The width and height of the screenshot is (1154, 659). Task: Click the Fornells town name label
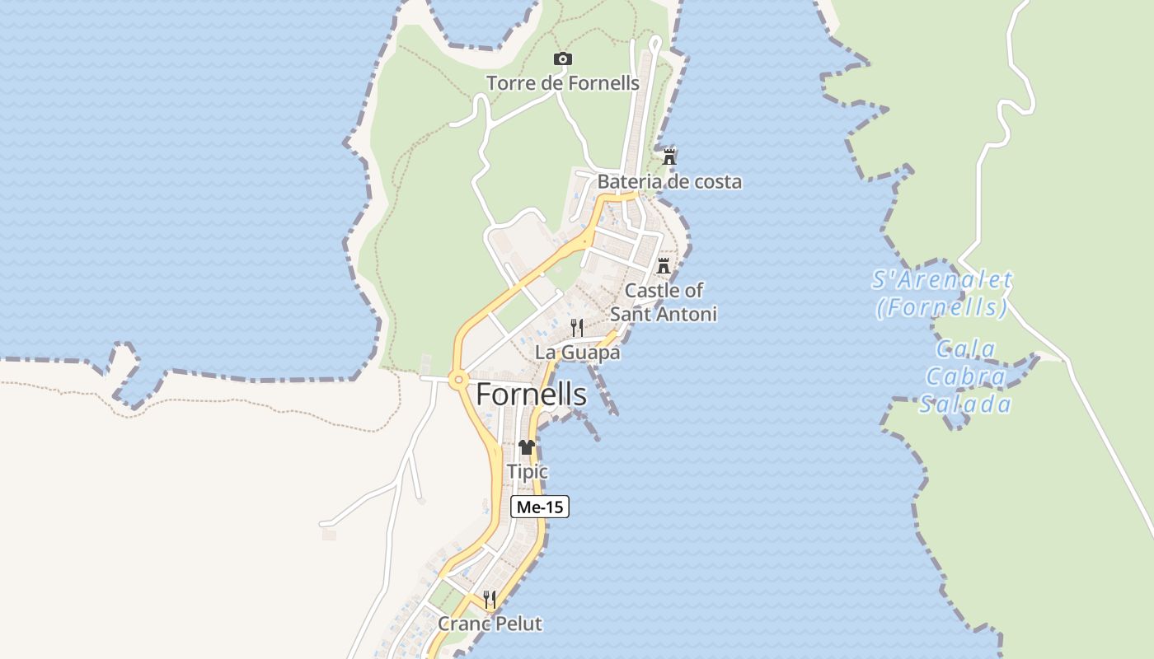pos(531,395)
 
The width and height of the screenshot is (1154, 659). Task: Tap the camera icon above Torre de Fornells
pos(563,58)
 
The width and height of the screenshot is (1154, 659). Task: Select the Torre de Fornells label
pos(562,83)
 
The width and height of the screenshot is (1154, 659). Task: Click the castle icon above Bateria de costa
pos(669,157)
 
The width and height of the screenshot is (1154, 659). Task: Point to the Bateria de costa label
pos(669,181)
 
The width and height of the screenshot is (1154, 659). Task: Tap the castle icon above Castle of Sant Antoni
pos(664,266)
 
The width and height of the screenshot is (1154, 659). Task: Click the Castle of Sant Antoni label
pos(664,301)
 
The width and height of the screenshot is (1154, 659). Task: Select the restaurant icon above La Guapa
pos(577,328)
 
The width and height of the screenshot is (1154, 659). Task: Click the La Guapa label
pos(577,353)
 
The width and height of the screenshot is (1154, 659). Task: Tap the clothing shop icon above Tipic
pos(527,447)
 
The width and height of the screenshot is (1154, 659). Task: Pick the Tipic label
pos(528,472)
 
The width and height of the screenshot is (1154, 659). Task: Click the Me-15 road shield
pos(540,507)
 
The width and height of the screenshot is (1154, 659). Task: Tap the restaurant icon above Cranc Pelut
pos(490,599)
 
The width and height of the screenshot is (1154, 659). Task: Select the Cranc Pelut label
pos(490,624)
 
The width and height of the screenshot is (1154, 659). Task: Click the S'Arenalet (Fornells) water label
pos(941,293)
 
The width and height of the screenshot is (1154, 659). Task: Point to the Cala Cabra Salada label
pos(965,376)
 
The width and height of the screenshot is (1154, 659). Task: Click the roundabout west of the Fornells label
pos(458,380)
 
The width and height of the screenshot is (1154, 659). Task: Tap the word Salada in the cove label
pos(965,404)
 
